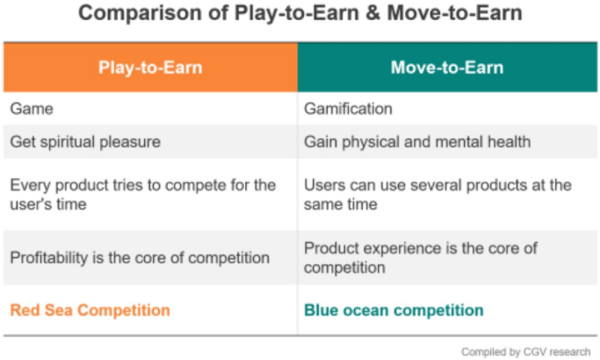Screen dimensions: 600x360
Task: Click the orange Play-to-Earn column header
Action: (150, 68)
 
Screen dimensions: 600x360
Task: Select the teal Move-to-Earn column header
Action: (447, 68)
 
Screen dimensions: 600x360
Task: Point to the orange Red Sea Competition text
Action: (90, 310)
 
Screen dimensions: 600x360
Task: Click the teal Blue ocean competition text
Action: (394, 310)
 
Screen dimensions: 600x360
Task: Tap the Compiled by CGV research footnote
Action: (525, 351)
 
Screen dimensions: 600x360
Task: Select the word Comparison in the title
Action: (140, 13)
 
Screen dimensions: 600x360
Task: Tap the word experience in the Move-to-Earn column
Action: (399, 248)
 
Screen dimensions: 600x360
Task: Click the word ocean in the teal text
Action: (365, 310)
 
